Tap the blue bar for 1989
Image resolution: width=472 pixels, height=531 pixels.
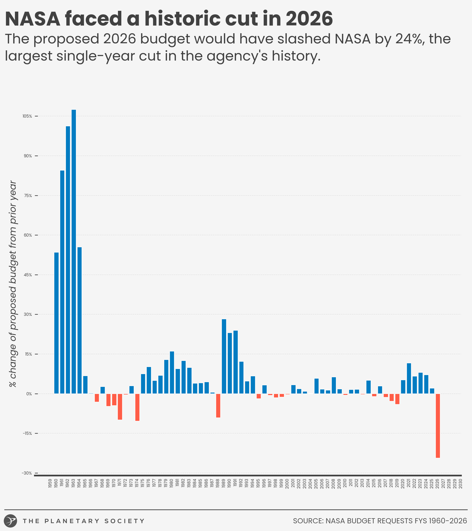pos(224,356)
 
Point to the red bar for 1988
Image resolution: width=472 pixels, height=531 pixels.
pos(218,406)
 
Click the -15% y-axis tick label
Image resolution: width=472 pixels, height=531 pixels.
pos(27,433)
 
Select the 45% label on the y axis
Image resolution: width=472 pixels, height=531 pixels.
pos(27,275)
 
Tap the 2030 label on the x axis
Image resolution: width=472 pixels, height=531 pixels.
pos(460,484)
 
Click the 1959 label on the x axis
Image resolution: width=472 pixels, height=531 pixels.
pos(50,484)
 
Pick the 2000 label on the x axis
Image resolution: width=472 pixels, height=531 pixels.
pos(287,484)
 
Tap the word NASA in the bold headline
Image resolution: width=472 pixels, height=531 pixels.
pos(33,19)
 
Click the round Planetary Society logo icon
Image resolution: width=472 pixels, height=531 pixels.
pos(11,521)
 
